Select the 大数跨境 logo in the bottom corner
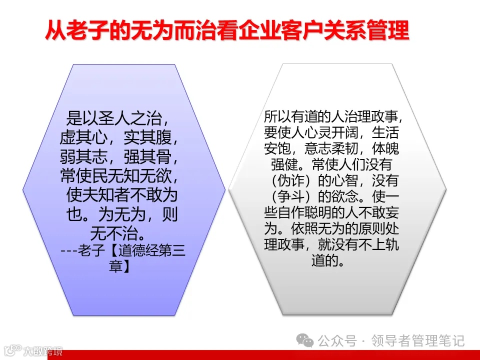pos(32,350)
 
